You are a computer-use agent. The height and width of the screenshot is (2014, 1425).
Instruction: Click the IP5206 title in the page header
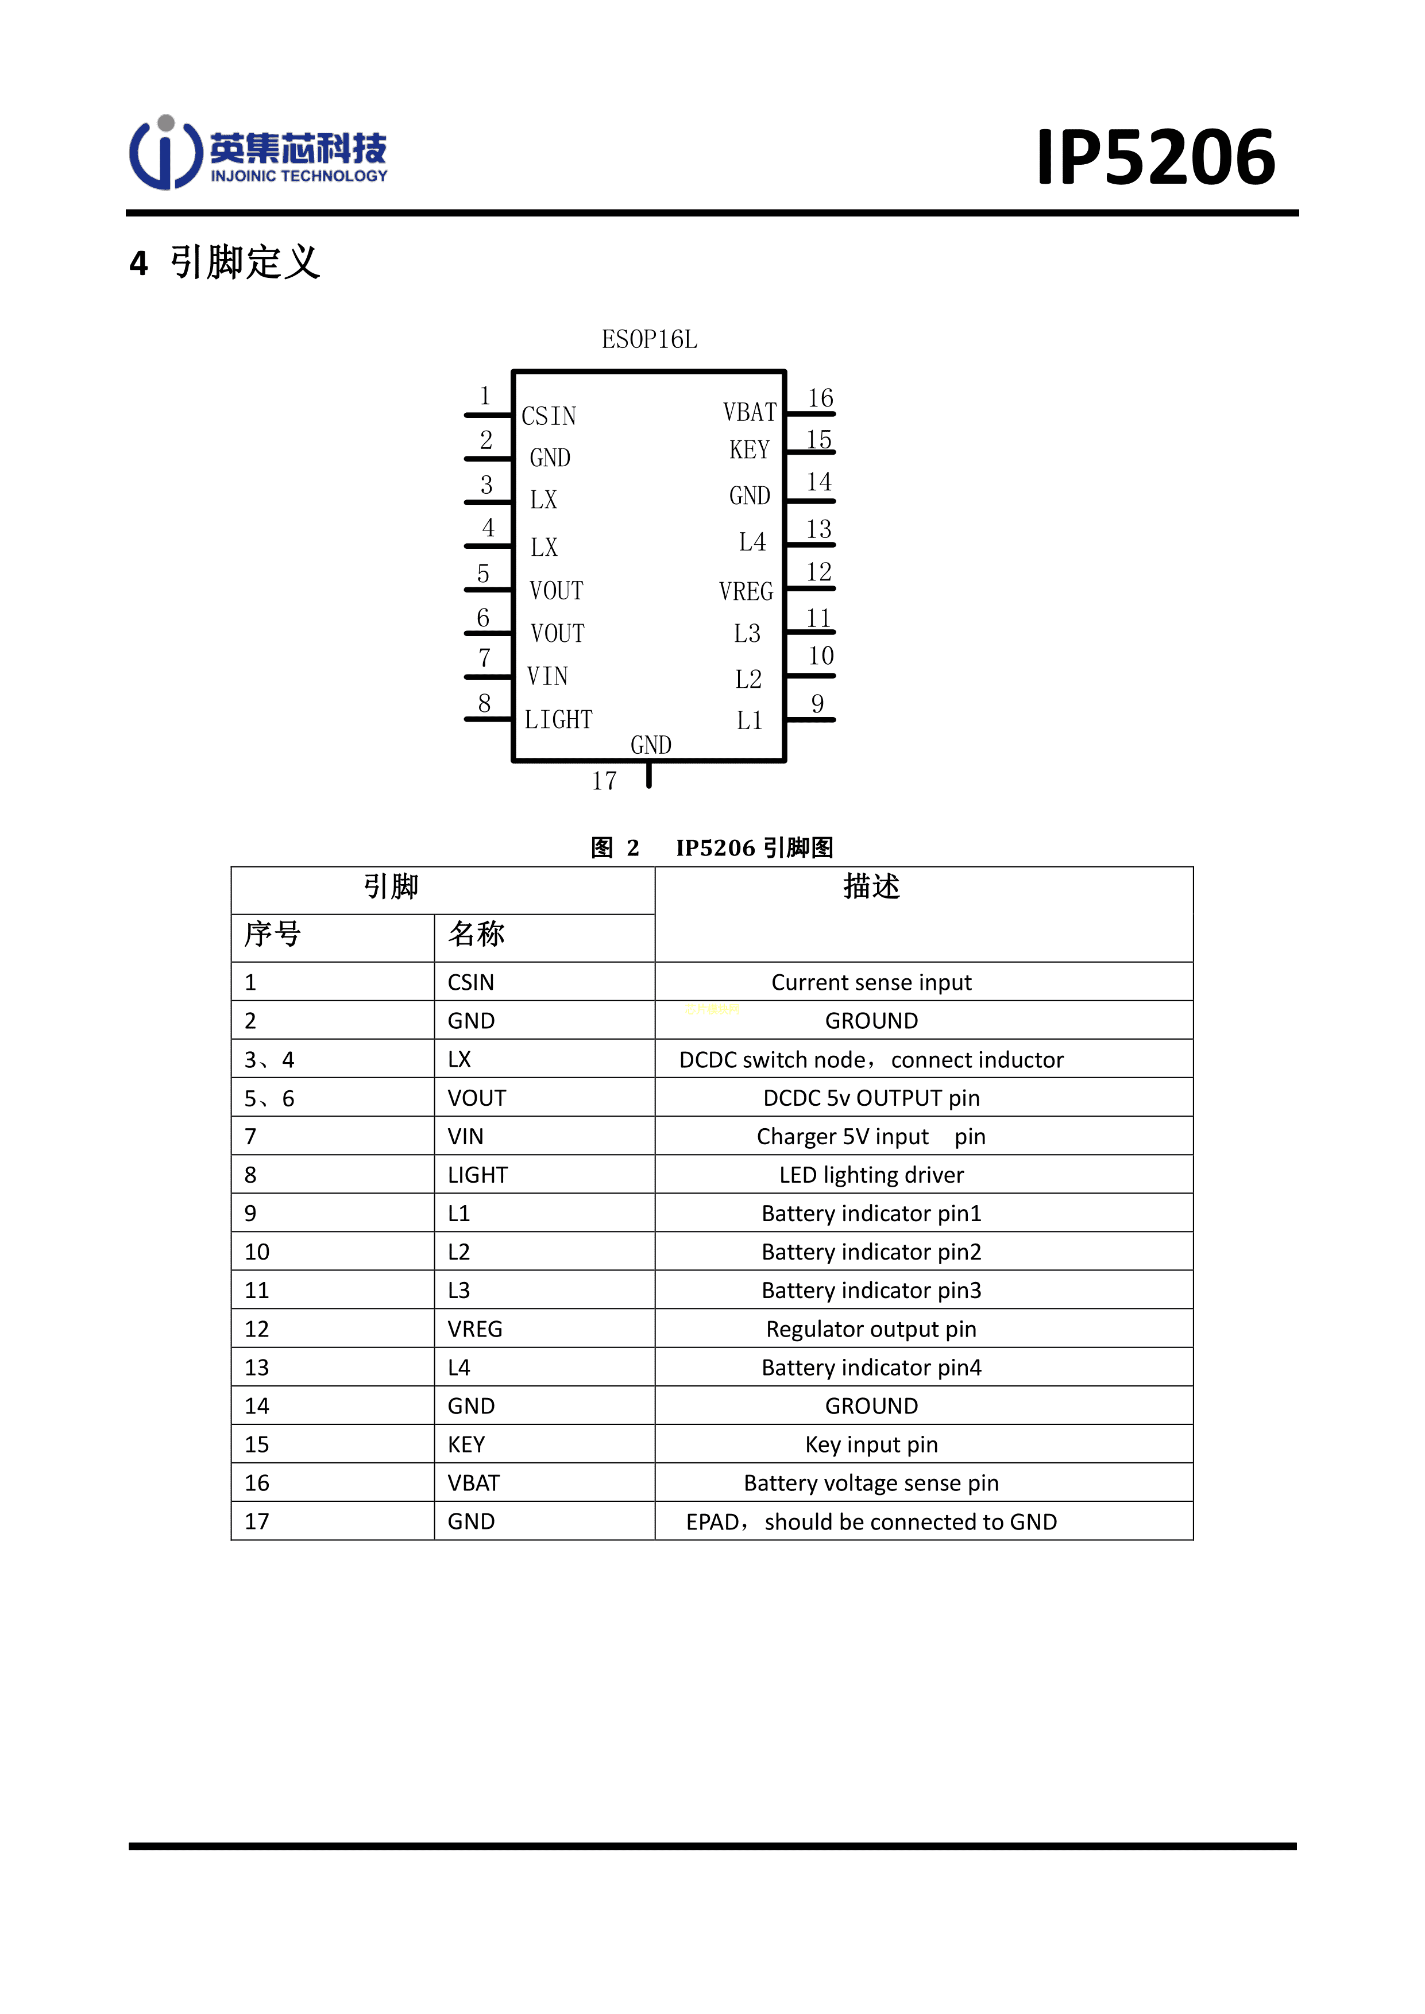(x=1156, y=158)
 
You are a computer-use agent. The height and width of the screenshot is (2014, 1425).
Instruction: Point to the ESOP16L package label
(x=650, y=339)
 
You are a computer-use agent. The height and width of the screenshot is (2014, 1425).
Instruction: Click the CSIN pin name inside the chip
(x=549, y=416)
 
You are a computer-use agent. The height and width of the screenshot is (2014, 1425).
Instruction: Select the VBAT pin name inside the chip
(x=750, y=412)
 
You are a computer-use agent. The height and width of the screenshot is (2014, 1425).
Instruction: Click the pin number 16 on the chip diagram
(x=820, y=398)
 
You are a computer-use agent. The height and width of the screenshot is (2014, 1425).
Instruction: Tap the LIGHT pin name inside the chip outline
(x=558, y=720)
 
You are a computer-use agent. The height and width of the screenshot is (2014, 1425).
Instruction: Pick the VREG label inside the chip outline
(x=746, y=591)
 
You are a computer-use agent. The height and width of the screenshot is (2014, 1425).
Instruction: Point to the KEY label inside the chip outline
(x=750, y=450)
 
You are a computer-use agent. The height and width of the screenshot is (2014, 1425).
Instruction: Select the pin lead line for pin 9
(x=810, y=720)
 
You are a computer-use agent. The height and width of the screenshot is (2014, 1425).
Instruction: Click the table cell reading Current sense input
(x=871, y=982)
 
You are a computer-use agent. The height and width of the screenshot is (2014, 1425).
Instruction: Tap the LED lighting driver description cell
(x=871, y=1175)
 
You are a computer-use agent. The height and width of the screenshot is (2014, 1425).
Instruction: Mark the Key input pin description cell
(x=871, y=1444)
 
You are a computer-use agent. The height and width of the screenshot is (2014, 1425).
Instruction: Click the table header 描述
(x=871, y=887)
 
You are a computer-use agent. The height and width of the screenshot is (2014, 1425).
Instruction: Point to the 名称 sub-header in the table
(x=477, y=934)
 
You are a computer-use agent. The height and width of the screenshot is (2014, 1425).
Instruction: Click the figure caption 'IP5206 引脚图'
(x=755, y=847)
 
